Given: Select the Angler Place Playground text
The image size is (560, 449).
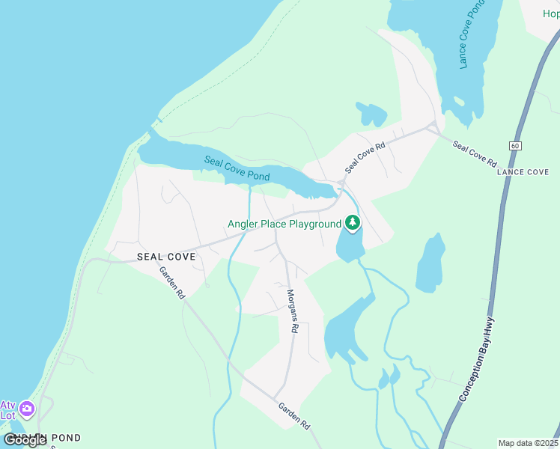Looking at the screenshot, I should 284,224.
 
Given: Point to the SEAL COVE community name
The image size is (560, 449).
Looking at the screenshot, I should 166,257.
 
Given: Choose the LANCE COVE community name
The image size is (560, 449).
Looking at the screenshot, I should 523,172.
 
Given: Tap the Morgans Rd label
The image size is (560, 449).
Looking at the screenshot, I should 293,311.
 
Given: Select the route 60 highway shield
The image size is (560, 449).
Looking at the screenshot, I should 515,145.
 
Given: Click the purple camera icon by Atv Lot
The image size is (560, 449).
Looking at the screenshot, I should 28,409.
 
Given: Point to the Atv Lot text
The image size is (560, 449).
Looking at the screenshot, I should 8,409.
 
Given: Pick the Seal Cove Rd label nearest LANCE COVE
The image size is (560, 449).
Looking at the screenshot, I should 475,153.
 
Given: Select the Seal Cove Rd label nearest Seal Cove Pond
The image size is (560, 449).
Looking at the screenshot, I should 365,159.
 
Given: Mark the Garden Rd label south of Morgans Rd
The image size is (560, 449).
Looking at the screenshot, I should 294,415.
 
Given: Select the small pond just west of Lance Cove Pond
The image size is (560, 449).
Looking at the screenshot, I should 372,114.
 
